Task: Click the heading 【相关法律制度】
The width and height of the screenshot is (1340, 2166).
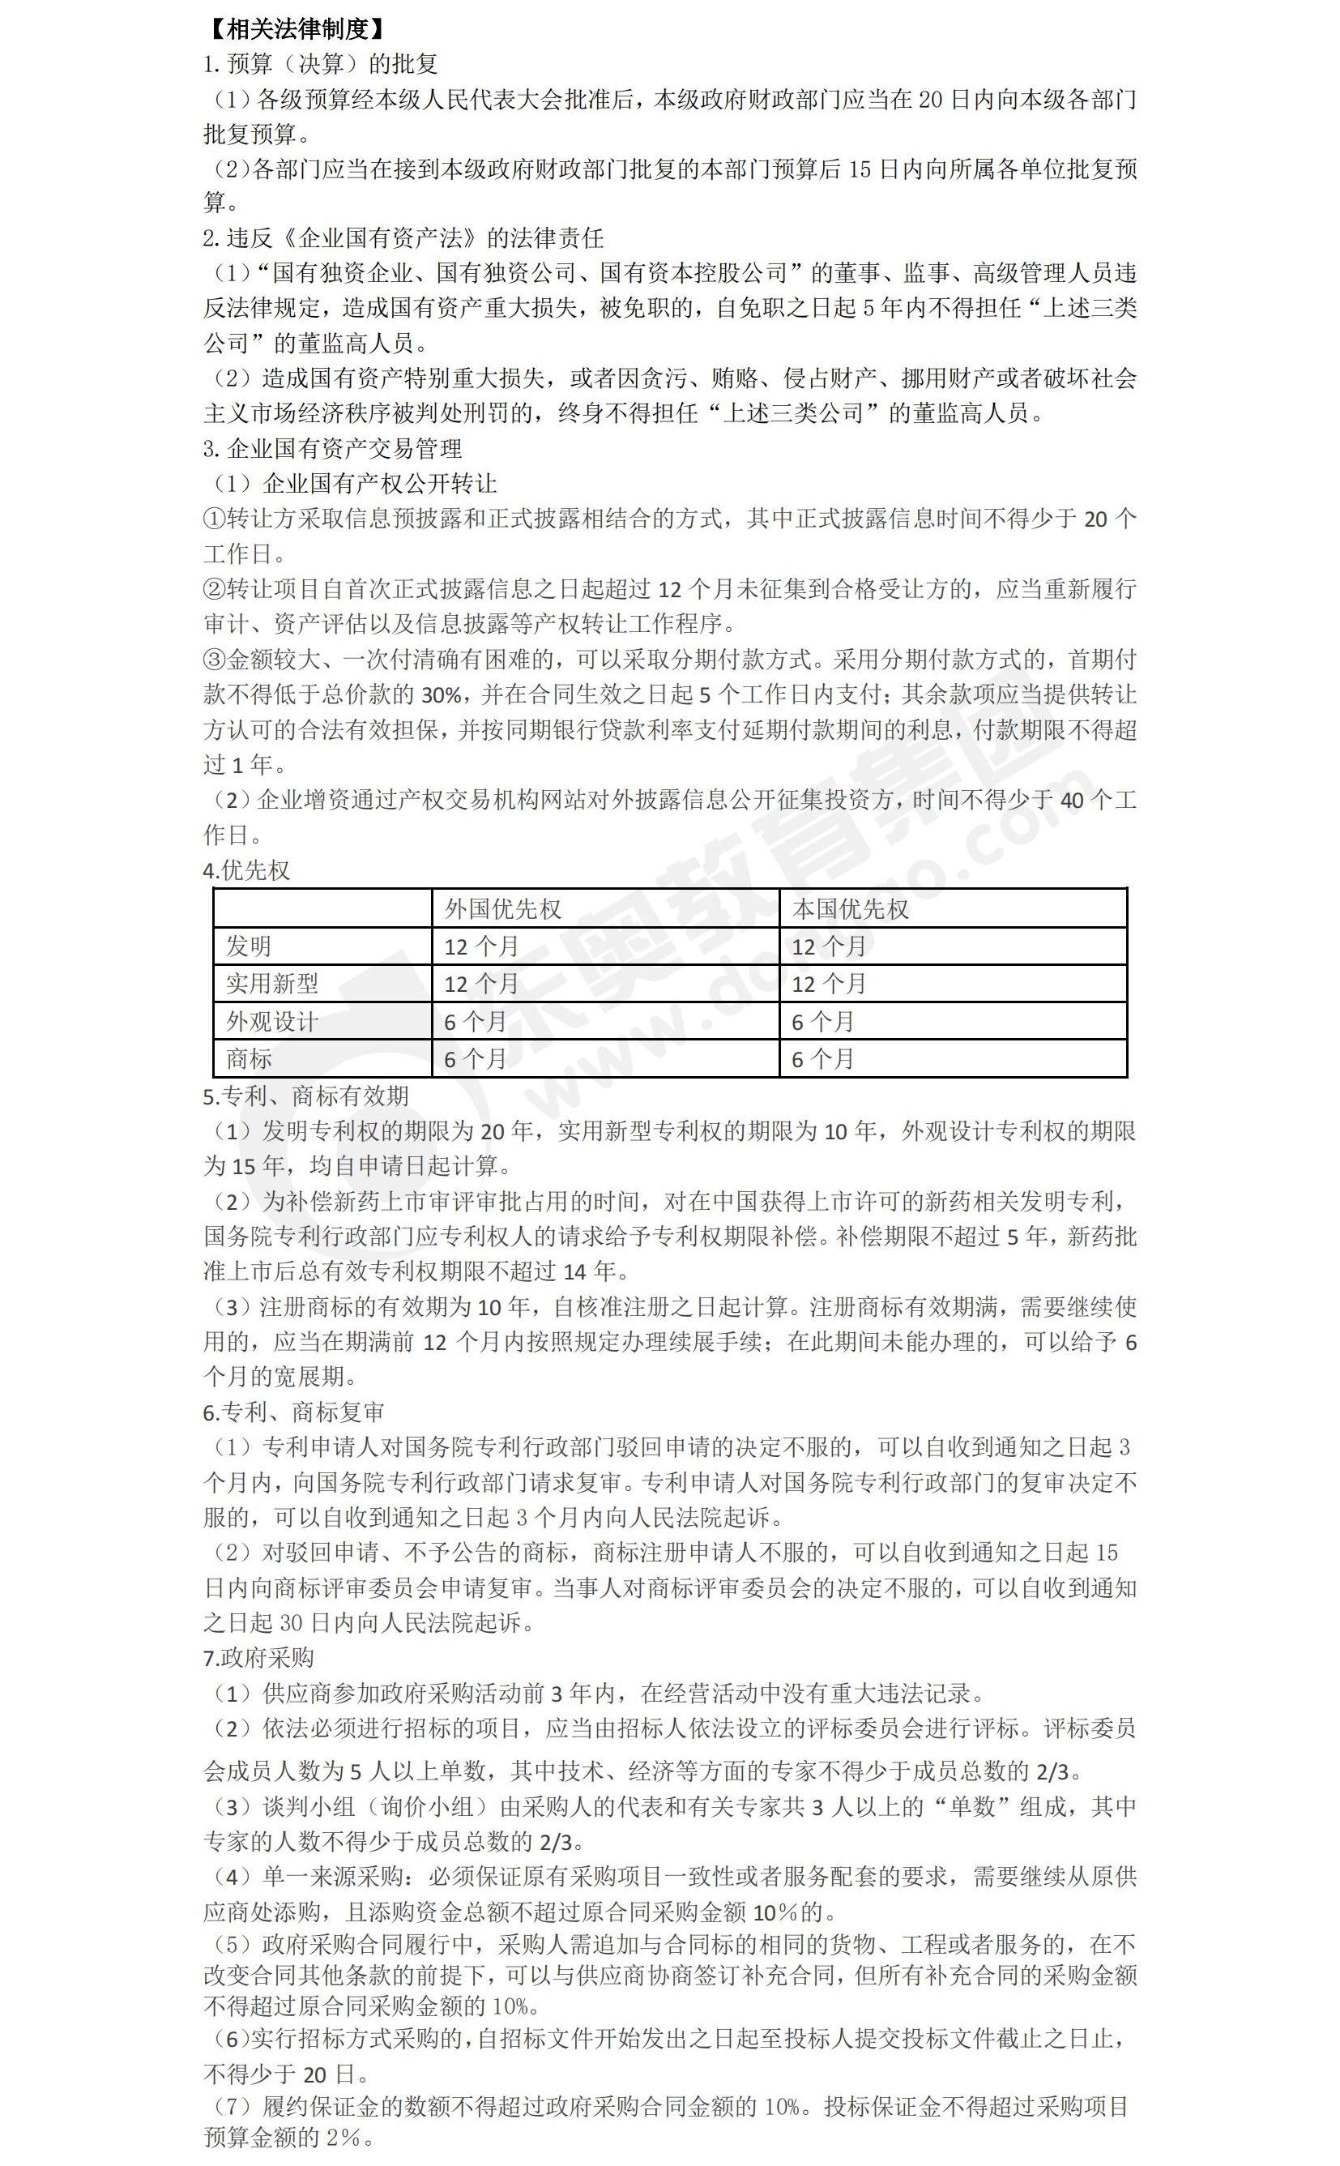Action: point(296,28)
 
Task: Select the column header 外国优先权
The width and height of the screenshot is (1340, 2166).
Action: point(502,908)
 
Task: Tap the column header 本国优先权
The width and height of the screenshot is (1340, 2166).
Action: point(850,908)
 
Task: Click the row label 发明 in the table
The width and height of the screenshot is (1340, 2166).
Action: point(248,946)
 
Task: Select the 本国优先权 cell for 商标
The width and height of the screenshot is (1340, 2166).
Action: point(822,1058)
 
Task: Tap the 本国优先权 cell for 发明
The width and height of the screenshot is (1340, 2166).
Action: point(829,946)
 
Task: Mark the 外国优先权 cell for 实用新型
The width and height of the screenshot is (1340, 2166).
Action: point(481,983)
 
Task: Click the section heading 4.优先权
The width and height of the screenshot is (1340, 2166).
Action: point(246,870)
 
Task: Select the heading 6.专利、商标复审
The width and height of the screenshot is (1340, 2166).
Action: point(294,1412)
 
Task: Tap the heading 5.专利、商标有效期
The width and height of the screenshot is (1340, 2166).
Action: point(305,1096)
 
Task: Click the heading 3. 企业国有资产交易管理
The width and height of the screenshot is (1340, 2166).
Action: point(332,448)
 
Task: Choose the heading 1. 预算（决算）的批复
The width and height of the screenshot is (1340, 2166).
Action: point(320,64)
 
